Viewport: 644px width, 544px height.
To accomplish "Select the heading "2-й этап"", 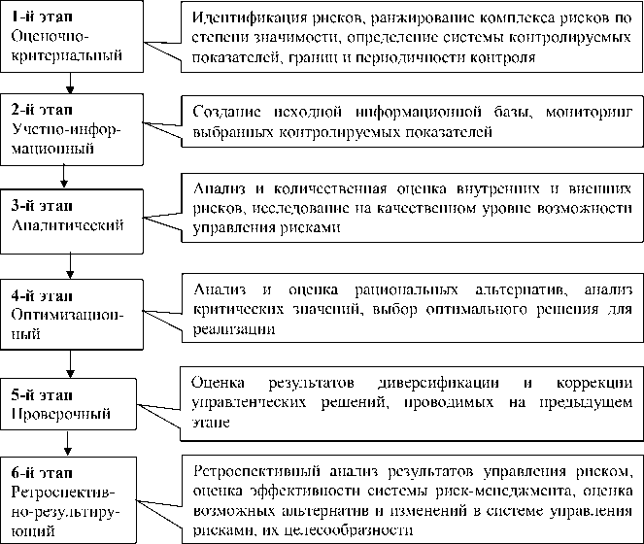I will coord(40,107).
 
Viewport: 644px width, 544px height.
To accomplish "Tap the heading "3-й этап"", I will coord(40,206).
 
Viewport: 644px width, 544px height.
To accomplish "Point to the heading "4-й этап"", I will coord(41,295).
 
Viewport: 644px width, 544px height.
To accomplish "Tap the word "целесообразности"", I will coord(353,531).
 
